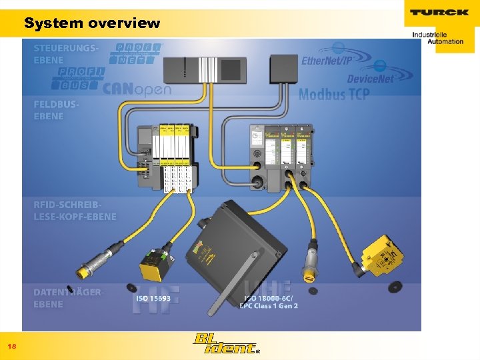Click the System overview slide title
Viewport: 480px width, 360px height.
coord(92,23)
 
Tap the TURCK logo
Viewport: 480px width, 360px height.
coord(439,13)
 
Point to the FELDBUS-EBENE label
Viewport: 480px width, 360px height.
coord(58,110)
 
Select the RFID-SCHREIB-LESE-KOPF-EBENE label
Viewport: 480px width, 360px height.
coord(75,211)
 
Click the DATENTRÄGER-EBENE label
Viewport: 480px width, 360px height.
coord(68,298)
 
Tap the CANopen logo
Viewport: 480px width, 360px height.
coord(137,89)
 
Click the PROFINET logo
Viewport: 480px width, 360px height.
coord(136,53)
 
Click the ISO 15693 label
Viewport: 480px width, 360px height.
coord(153,298)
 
